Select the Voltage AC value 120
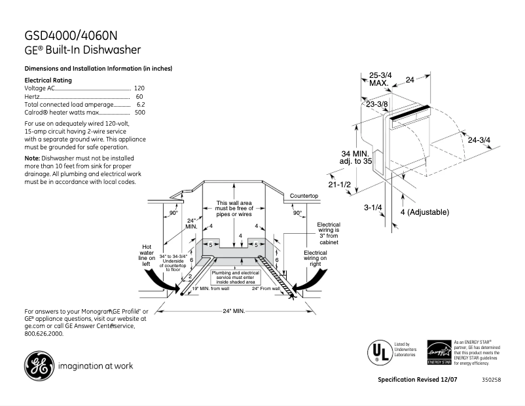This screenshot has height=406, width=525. point(139,88)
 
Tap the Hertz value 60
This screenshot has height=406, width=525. point(139,96)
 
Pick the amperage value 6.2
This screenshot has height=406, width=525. point(140,104)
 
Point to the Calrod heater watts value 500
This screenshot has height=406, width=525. point(139,112)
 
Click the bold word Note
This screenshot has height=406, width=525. point(32,158)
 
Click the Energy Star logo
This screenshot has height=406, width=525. point(439,352)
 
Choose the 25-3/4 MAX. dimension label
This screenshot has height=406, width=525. point(380,79)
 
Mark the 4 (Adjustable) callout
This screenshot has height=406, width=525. point(424,212)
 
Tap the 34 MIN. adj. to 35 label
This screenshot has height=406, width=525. point(353,157)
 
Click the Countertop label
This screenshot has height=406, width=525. point(304,196)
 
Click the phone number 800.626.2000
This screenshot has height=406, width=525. point(44,333)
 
